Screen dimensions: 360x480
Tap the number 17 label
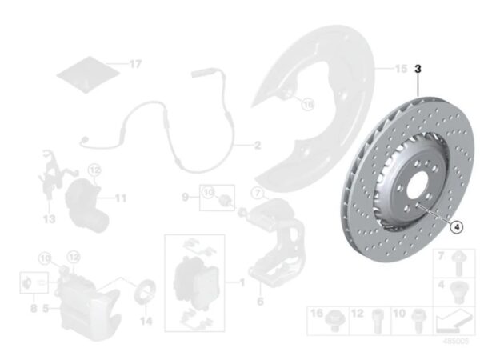coord(135,63)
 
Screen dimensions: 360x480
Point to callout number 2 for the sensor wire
coord(257,146)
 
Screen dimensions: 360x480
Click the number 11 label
coord(120,197)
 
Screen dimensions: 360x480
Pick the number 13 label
coord(49,218)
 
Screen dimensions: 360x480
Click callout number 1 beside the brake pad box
coord(241,282)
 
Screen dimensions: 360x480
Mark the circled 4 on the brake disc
coord(456,226)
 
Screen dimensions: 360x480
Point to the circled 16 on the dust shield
coord(308,103)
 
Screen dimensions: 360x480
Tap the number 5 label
coord(46,306)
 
